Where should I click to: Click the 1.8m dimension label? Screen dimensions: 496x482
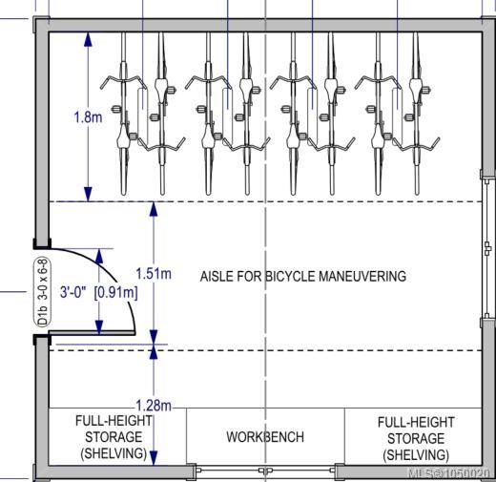click(x=88, y=117)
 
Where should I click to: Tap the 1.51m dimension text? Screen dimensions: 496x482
click(x=154, y=273)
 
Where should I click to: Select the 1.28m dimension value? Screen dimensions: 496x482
click(x=154, y=406)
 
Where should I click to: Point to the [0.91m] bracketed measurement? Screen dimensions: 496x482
click(x=116, y=292)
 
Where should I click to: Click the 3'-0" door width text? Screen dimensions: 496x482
click(x=73, y=292)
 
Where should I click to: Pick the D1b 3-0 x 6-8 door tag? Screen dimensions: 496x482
click(x=43, y=293)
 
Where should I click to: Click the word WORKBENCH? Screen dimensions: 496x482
click(x=265, y=437)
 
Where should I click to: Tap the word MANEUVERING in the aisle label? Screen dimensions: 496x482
click(x=362, y=276)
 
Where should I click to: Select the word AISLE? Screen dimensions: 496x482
click(x=217, y=276)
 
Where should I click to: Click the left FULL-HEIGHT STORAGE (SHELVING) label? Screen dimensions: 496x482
click(x=114, y=437)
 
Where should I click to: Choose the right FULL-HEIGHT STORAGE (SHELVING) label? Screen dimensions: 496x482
click(x=416, y=438)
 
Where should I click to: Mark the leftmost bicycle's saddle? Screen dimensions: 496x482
click(x=123, y=136)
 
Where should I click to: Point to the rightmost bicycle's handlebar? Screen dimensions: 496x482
click(x=416, y=145)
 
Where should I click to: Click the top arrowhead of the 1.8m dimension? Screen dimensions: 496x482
click(x=88, y=40)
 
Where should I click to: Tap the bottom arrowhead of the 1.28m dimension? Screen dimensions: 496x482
click(x=154, y=457)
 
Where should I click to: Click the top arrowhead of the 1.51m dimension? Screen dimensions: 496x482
click(x=154, y=209)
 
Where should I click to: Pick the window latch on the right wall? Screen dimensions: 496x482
click(x=487, y=248)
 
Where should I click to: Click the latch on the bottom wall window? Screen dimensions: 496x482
click(x=265, y=471)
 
